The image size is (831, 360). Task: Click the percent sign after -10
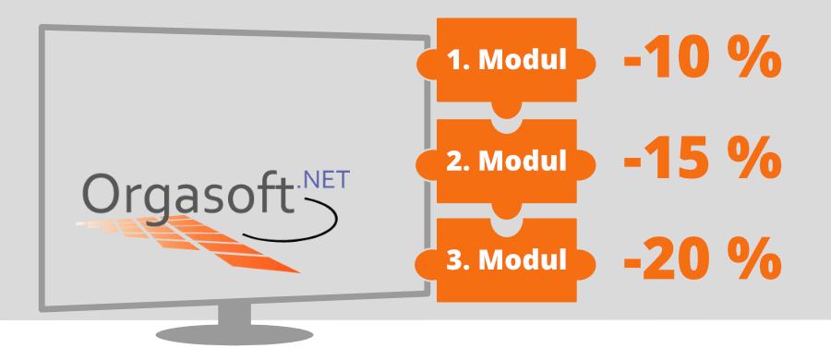click(x=753, y=61)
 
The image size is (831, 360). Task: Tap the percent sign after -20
click(x=753, y=259)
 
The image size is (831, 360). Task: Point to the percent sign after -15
click(x=753, y=161)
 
